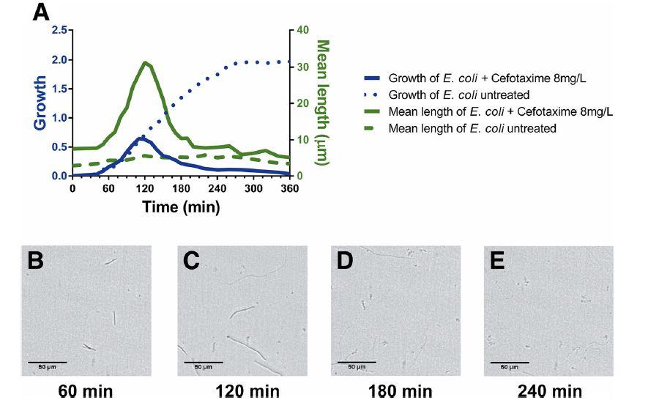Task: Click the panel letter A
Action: [42, 12]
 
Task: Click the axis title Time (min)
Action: [181, 207]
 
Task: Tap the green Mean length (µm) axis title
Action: [321, 103]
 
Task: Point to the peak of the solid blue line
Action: [142, 137]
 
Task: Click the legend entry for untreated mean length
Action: [472, 128]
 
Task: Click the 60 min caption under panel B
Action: [86, 390]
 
